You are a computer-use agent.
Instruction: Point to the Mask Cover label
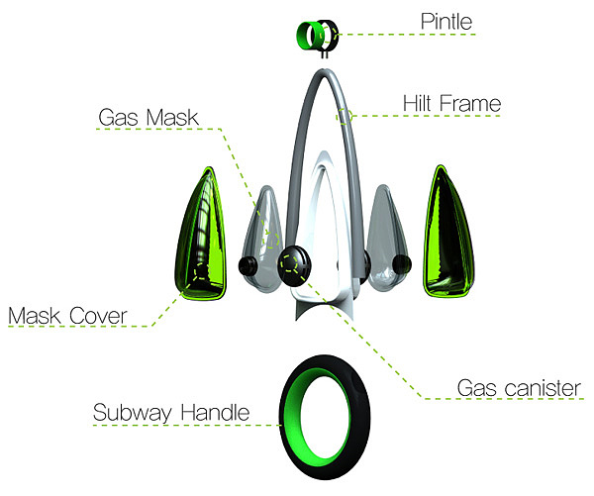point(67,316)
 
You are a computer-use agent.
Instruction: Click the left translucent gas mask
point(259,238)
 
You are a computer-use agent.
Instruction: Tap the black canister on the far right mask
point(401,263)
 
